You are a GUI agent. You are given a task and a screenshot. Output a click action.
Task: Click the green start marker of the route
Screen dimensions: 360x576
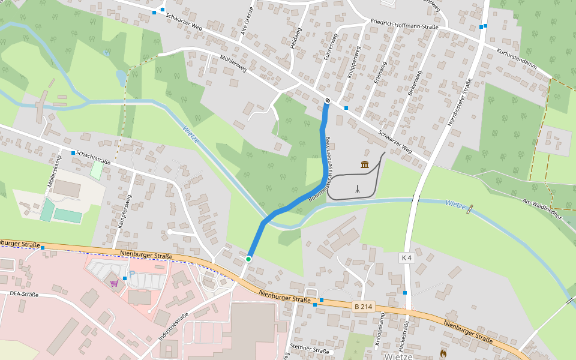[248, 259]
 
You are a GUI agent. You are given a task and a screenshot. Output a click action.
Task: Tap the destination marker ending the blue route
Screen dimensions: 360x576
[327, 100]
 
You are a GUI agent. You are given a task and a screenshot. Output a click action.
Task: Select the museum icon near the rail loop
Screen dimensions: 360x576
[365, 164]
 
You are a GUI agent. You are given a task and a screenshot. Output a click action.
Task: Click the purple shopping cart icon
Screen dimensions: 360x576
[114, 283]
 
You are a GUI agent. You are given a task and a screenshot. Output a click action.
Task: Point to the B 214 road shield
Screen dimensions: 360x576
[364, 307]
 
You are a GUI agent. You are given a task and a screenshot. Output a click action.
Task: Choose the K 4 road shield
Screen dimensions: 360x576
[406, 258]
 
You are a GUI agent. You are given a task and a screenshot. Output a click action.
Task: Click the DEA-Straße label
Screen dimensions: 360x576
[24, 294]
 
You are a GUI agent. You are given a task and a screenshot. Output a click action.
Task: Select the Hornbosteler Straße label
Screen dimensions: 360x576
[460, 101]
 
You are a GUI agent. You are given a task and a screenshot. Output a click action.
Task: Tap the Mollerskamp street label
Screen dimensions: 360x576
[51, 173]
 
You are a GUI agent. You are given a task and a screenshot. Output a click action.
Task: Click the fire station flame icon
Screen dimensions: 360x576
[443, 353]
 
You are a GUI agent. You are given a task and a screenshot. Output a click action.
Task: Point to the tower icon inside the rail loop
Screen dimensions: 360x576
[358, 188]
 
